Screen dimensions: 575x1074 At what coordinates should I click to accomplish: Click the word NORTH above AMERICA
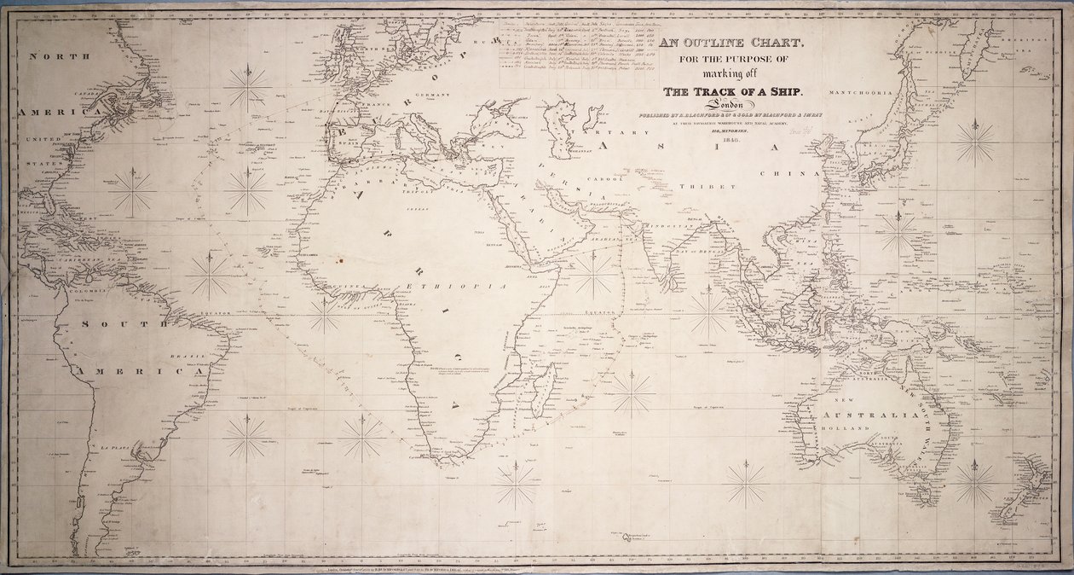click(x=58, y=56)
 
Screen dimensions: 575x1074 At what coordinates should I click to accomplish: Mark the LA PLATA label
click(x=114, y=447)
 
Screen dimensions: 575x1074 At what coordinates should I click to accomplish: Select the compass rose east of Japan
click(x=975, y=142)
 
